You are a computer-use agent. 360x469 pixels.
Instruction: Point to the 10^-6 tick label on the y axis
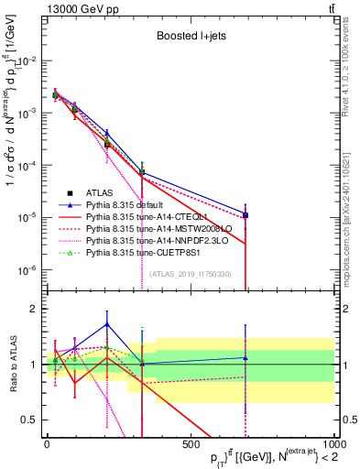point(26,270)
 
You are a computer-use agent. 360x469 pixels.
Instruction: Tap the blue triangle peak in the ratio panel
point(107,324)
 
